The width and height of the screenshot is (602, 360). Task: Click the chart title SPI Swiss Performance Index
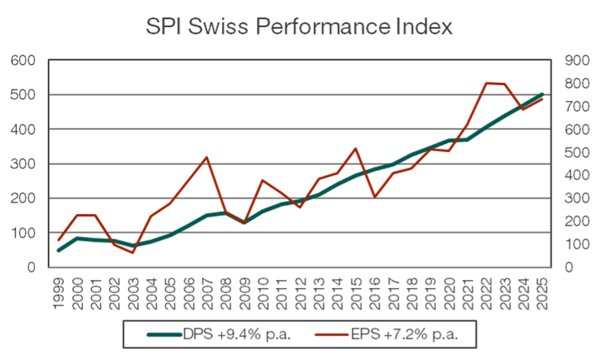pos(300,28)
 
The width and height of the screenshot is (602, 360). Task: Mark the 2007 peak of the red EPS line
pos(206,157)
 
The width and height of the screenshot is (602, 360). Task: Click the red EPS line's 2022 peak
pos(486,83)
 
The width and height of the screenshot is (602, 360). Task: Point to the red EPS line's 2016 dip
pos(375,197)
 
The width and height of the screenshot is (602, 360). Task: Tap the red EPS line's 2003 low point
pos(133,252)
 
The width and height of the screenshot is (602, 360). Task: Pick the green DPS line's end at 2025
pos(542,94)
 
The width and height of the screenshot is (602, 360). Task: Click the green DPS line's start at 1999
pos(59,250)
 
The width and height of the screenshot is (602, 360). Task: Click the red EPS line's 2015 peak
pos(356,149)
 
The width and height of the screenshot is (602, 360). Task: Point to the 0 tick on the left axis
pos(30,267)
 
